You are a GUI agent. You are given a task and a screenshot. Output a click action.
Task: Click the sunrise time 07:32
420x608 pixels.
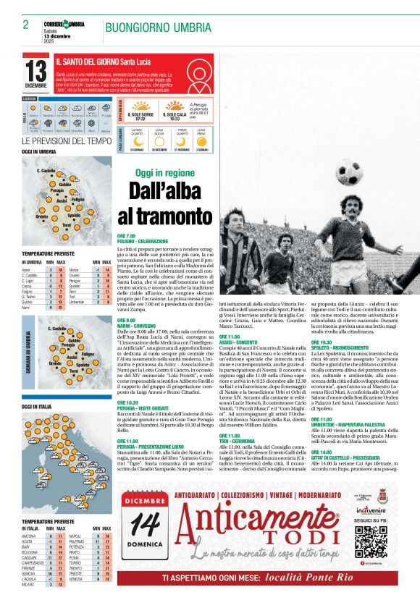pos(140,118)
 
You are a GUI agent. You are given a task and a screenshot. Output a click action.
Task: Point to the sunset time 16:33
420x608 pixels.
pos(175,118)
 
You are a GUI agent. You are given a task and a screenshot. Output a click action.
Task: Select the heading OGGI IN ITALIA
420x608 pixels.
pos(36,407)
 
